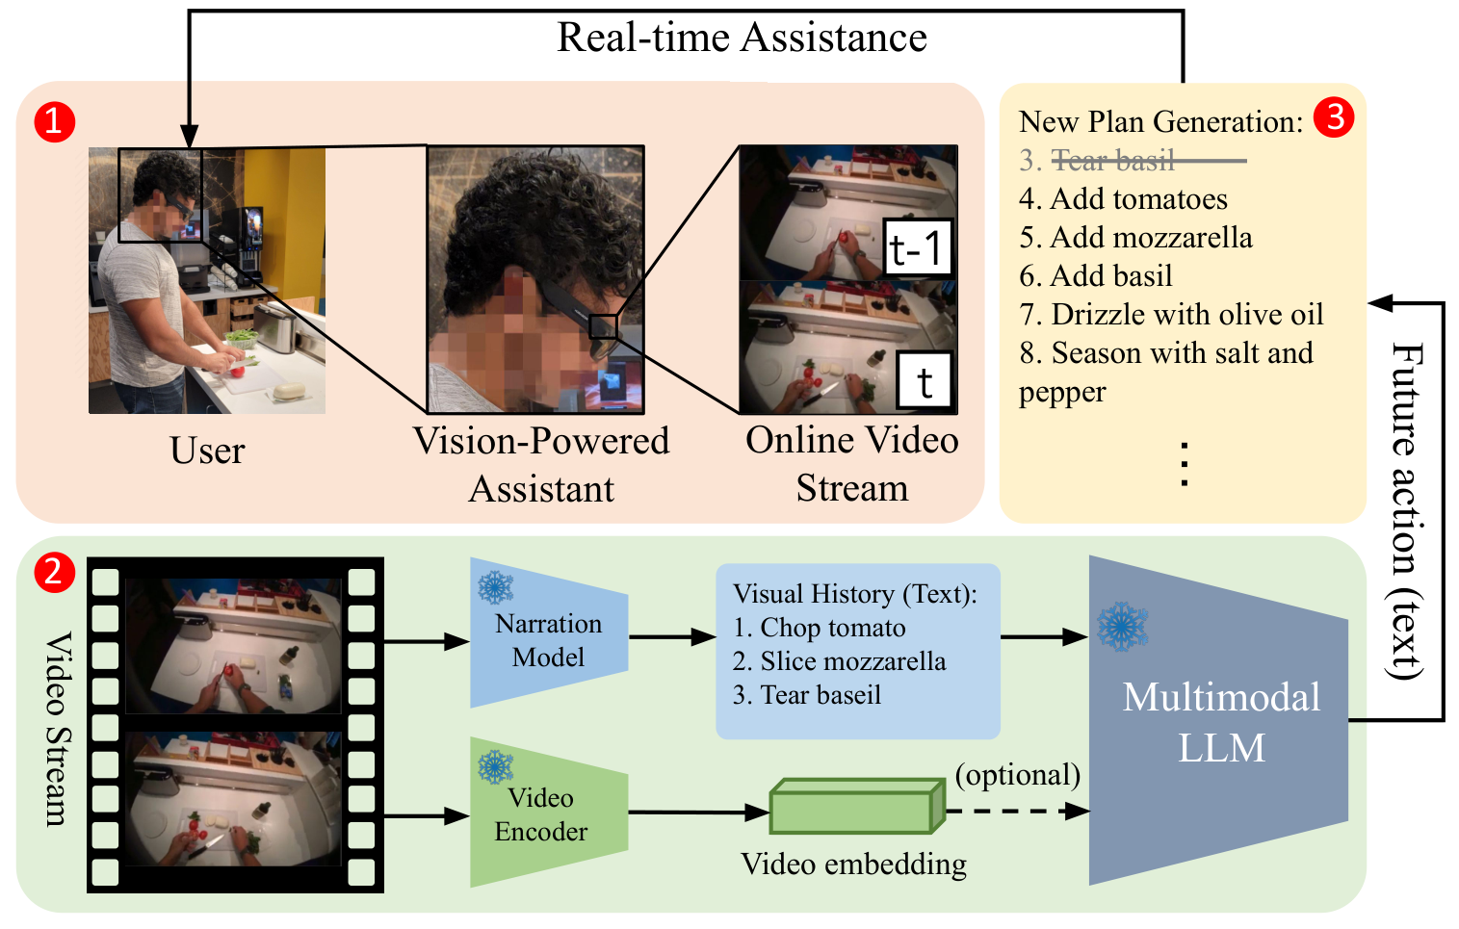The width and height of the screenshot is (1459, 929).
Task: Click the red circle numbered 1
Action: pyautogui.click(x=54, y=122)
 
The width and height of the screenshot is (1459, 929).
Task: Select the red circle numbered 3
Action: pyautogui.click(x=1334, y=117)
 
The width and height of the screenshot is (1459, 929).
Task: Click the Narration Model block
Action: pyautogui.click(x=548, y=639)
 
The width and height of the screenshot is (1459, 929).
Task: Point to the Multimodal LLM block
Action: pyautogui.click(x=1219, y=722)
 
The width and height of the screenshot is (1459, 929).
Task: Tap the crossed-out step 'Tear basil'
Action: pyautogui.click(x=1113, y=161)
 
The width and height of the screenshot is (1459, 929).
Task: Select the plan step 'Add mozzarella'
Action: pyautogui.click(x=1151, y=238)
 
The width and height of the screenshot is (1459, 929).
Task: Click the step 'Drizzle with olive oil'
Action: pyautogui.click(x=1186, y=315)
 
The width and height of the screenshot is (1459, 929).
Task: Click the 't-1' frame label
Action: pyautogui.click(x=917, y=249)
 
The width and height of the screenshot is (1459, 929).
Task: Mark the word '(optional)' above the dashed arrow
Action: pyautogui.click(x=1017, y=774)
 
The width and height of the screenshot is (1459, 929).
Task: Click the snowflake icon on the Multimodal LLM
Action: pyautogui.click(x=1122, y=627)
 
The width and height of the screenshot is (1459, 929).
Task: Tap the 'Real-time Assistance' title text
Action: pyautogui.click(x=742, y=38)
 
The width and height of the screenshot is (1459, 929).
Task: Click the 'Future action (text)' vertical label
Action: pyautogui.click(x=1407, y=510)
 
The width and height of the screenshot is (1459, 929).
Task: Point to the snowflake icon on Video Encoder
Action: pyautogui.click(x=496, y=766)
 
